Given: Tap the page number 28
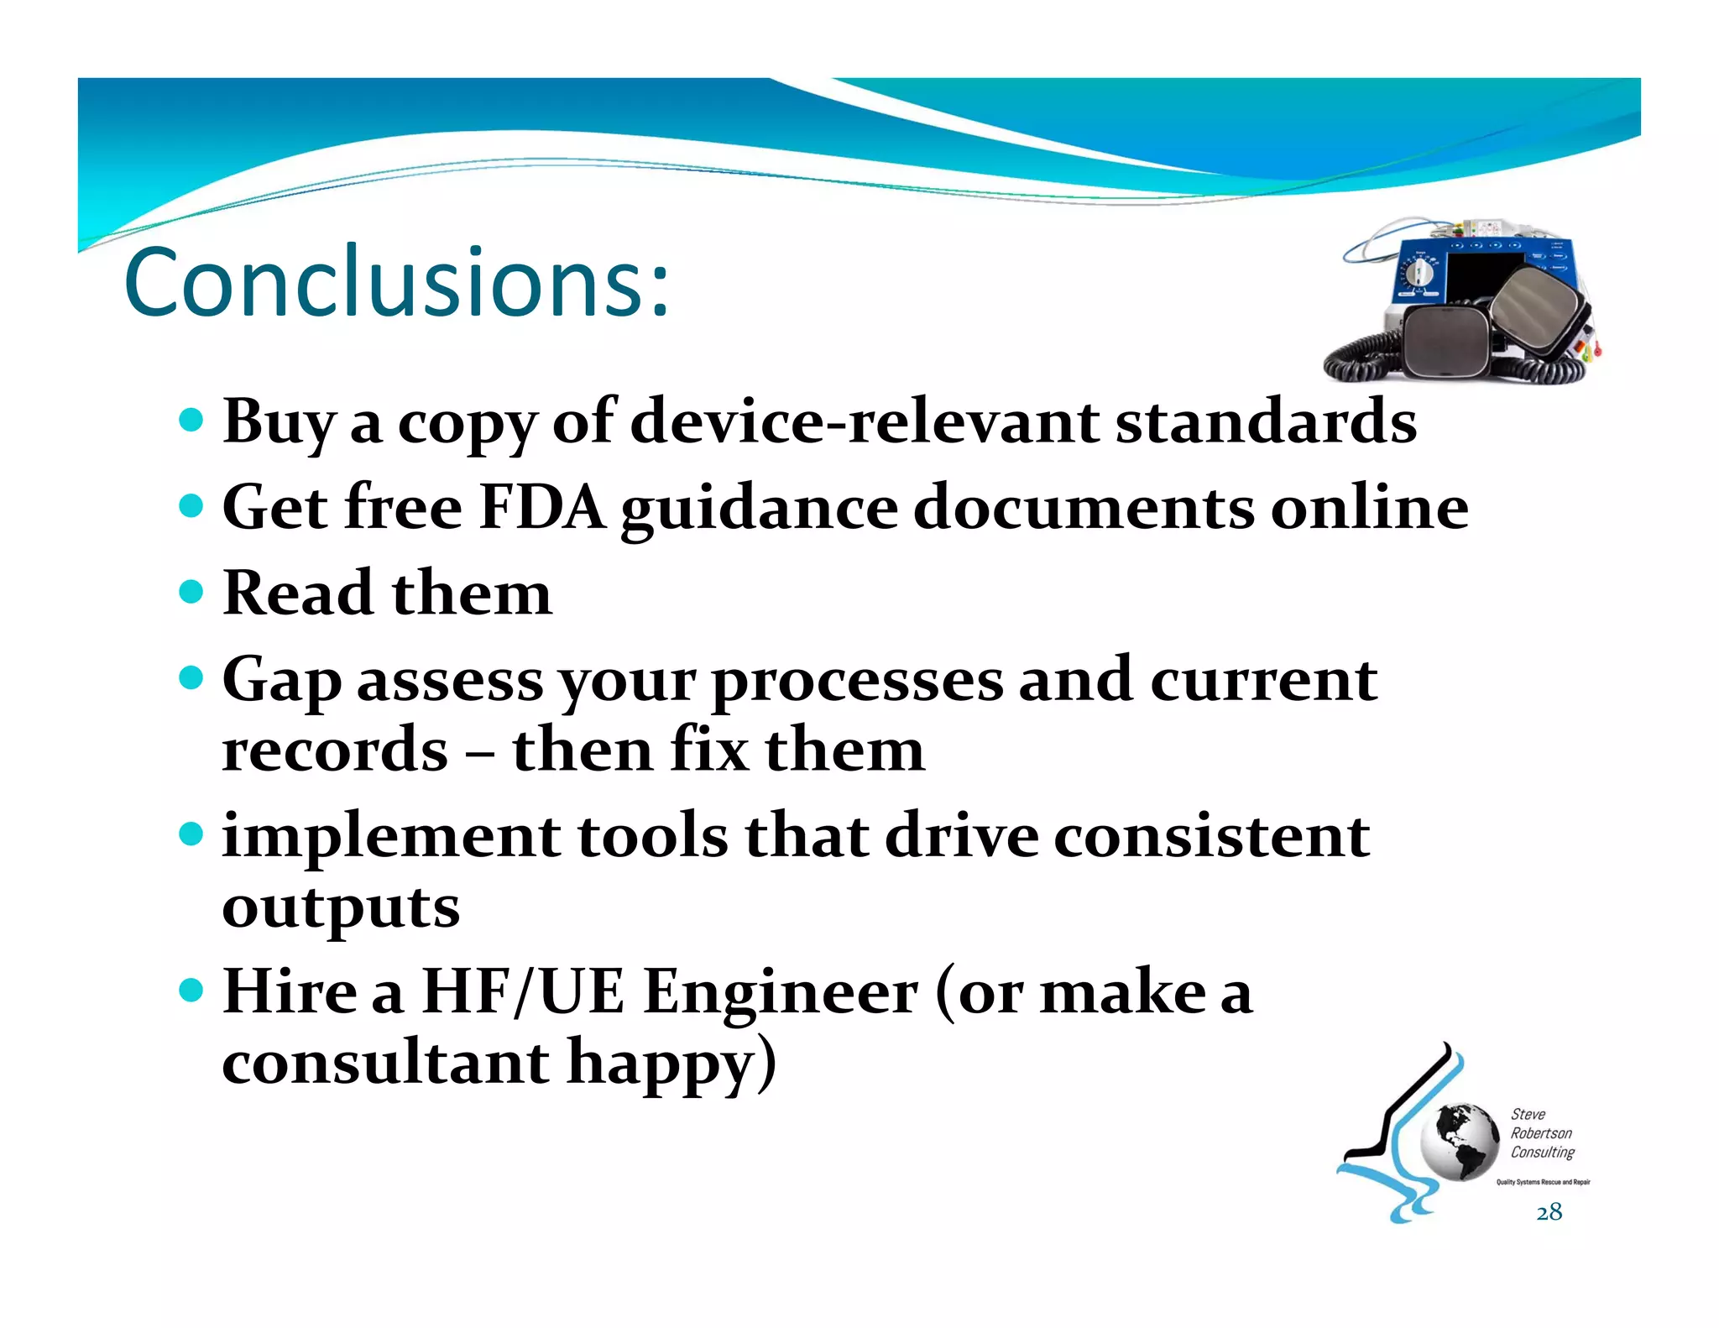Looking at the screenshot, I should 1549,1212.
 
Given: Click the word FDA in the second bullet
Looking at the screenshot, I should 541,508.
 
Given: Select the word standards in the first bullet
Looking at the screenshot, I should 1266,421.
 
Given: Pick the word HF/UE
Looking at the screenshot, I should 523,992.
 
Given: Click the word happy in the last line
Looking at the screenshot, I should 671,1064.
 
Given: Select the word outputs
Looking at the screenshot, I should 341,909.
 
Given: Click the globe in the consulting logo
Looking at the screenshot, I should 1459,1142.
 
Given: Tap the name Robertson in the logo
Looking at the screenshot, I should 1541,1133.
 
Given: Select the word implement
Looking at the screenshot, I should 391,837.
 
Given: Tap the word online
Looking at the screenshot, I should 1369,508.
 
